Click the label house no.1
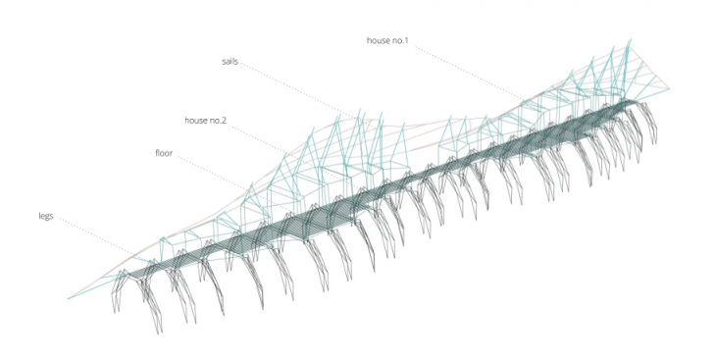coord(387,40)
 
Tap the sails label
coord(230,61)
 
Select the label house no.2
coord(205,121)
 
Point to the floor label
coord(164,153)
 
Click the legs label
coord(46,216)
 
